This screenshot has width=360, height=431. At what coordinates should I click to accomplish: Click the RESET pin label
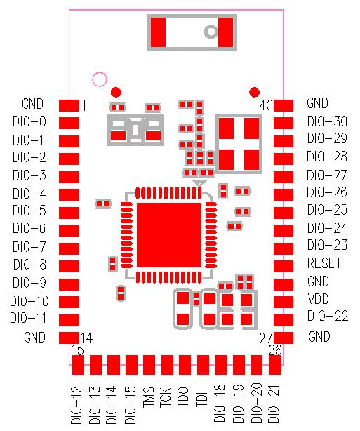324,264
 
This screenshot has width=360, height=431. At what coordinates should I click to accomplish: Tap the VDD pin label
318,299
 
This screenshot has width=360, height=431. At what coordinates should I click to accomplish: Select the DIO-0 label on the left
29,121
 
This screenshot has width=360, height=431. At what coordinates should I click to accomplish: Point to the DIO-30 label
327,121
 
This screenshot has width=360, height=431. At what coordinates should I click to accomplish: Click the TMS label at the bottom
149,401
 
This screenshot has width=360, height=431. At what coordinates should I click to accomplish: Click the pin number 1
84,106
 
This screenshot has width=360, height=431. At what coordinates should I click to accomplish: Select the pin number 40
266,105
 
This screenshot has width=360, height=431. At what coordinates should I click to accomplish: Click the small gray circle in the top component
210,32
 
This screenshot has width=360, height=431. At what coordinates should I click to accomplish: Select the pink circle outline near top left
100,79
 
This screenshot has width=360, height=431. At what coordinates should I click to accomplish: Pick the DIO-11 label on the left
29,318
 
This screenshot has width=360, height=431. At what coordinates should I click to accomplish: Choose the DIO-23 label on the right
327,246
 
